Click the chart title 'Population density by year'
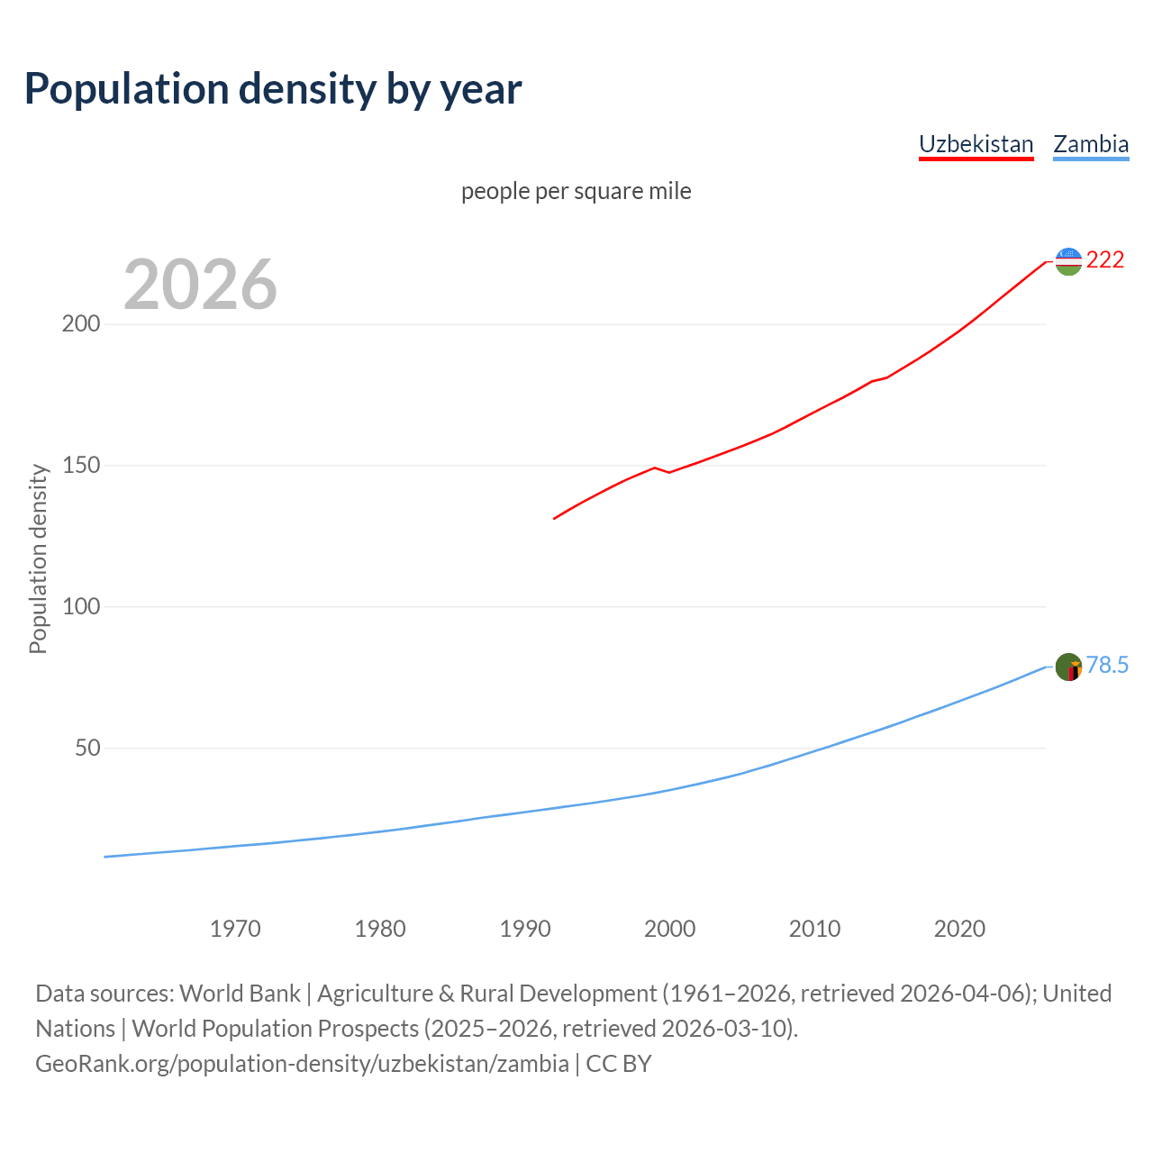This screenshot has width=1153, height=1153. coord(273,89)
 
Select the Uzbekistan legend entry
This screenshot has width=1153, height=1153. coord(976,144)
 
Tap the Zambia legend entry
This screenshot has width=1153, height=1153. coord(1091,144)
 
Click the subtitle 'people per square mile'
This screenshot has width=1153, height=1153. coord(576,192)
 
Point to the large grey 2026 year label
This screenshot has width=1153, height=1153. coord(200,285)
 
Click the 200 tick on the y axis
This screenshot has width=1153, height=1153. coord(80,324)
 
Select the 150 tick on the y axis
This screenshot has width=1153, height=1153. coord(80,466)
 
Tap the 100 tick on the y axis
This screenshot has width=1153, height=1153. coord(80,607)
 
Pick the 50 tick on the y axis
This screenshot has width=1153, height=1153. coord(87,749)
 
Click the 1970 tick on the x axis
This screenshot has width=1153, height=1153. coord(235,929)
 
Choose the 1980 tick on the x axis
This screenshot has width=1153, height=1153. coord(380,929)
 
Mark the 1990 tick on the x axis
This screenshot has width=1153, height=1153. coord(525,929)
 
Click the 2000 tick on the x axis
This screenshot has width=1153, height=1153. coord(670,929)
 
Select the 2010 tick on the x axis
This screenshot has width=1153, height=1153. coord(814,929)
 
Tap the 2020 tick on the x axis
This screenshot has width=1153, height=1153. coord(959,929)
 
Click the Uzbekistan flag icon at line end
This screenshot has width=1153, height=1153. coord(1068,261)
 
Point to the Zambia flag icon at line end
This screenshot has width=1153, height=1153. coord(1068,667)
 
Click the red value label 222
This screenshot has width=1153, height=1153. coord(1105,260)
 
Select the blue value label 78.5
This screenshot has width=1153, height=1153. coord(1107,666)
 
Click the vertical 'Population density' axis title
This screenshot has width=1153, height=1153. coord(38,558)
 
